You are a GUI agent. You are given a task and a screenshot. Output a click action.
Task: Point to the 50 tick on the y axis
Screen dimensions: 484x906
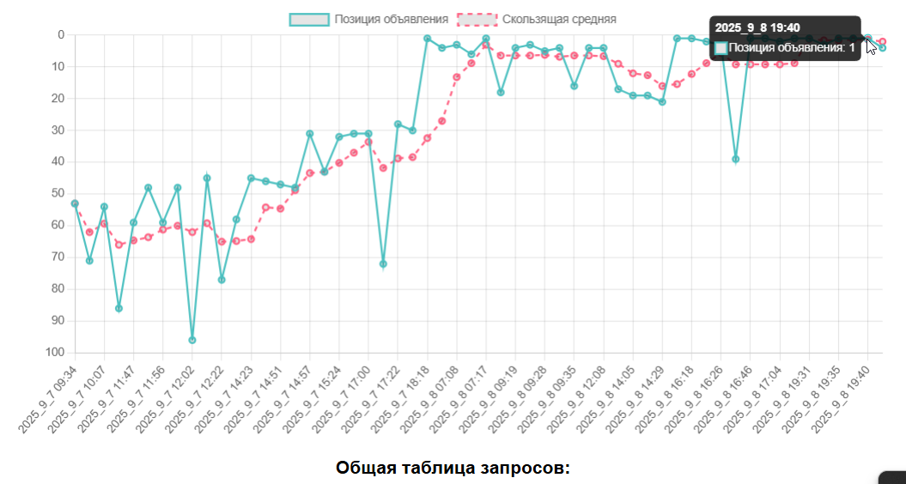[x=58, y=193]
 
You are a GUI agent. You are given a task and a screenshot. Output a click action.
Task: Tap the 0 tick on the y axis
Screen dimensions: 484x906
[x=61, y=34]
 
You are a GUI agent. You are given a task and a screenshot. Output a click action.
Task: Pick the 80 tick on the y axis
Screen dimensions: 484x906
[x=58, y=288]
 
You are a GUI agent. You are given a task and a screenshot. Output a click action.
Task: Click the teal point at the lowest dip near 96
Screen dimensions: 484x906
[x=192, y=340]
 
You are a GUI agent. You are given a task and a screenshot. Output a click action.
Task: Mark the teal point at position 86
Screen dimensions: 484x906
[x=119, y=308]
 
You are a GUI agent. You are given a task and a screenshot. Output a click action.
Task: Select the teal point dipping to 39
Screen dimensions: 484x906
[x=735, y=159]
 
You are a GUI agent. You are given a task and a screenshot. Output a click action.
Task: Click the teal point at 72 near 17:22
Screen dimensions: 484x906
[x=383, y=263]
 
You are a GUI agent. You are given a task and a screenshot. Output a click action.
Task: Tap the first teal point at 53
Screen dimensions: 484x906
[x=75, y=203]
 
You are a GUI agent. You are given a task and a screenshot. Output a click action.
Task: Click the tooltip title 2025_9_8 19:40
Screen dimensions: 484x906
[x=757, y=28]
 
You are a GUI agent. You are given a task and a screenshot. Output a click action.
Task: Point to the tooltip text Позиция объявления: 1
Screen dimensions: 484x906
[x=792, y=48]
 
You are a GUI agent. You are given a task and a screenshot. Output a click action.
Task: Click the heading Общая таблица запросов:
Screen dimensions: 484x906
[x=453, y=468]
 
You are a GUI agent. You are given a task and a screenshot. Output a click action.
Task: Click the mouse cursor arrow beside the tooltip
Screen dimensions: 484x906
[x=872, y=45]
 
